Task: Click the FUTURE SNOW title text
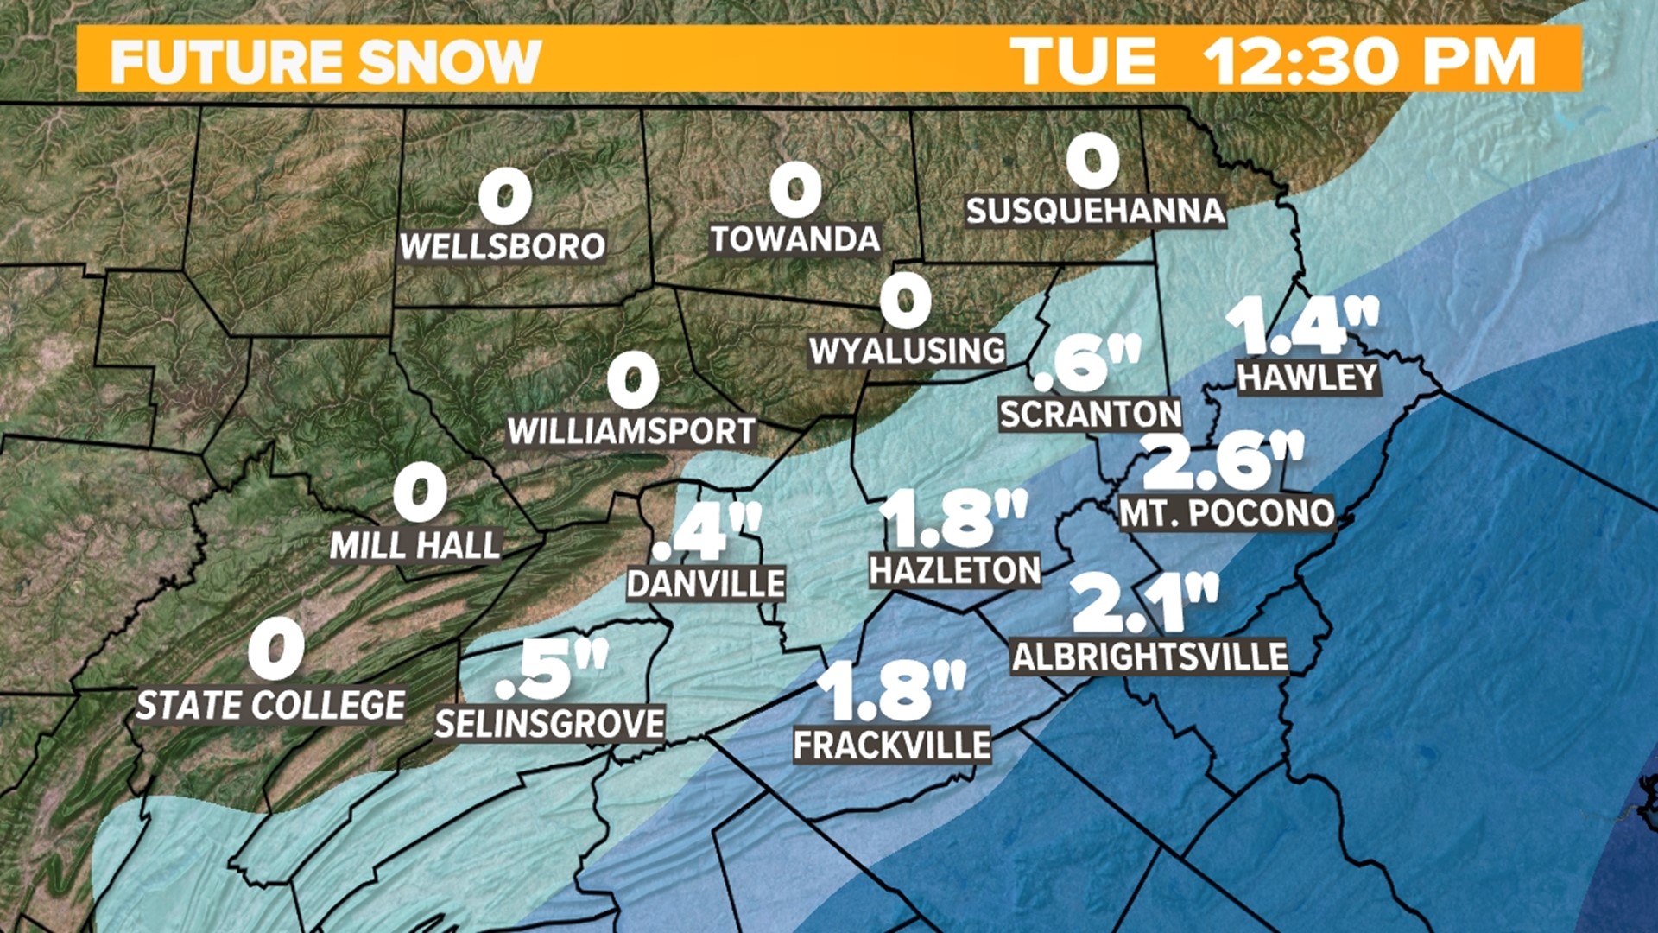pyautogui.click(x=325, y=60)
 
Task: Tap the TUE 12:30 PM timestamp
pyautogui.click(x=1273, y=60)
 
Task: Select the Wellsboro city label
pyautogui.click(x=503, y=246)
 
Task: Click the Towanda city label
pyautogui.click(x=794, y=238)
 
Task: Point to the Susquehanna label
pyautogui.click(x=1095, y=210)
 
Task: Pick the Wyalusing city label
pyautogui.click(x=907, y=350)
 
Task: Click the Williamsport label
pyautogui.click(x=631, y=430)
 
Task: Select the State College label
pyautogui.click(x=270, y=705)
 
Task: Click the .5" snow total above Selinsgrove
pyautogui.click(x=551, y=671)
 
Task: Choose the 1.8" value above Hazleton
pyautogui.click(x=952, y=518)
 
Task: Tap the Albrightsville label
pyautogui.click(x=1149, y=657)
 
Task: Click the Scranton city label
pyautogui.click(x=1090, y=414)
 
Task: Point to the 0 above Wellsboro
pyautogui.click(x=505, y=197)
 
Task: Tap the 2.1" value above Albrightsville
pyautogui.click(x=1144, y=603)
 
